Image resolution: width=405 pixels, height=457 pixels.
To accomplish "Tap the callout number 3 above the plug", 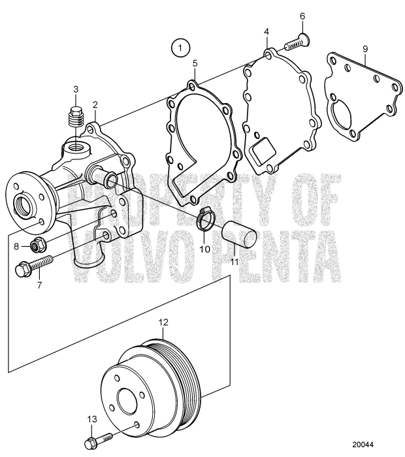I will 75,89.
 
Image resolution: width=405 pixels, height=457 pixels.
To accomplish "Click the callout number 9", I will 365,49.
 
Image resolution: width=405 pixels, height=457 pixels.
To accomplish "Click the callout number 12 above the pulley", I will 163,322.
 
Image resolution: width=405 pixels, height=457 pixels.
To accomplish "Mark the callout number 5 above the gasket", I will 194,63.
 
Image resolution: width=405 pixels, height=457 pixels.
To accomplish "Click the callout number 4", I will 266,31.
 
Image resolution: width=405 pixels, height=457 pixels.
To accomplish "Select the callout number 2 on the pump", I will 95,104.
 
